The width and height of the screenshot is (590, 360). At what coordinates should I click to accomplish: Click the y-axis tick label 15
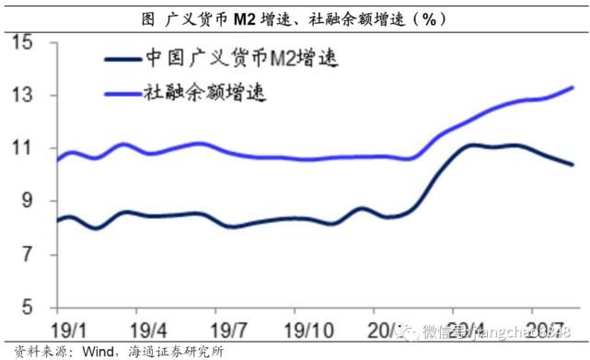(22, 42)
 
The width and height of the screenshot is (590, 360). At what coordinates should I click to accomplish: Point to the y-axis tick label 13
(22, 96)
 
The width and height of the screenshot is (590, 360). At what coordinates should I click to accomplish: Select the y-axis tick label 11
(22, 148)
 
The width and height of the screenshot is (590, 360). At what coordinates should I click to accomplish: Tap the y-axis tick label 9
(26, 201)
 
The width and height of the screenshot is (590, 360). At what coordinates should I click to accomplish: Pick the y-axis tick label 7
(26, 254)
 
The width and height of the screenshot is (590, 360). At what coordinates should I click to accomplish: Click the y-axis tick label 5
(26, 307)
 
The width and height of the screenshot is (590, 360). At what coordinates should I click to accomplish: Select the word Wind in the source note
(82, 351)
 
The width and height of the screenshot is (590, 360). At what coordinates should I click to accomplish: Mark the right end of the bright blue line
(574, 87)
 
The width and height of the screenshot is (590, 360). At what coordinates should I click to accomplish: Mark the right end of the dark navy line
(574, 165)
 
